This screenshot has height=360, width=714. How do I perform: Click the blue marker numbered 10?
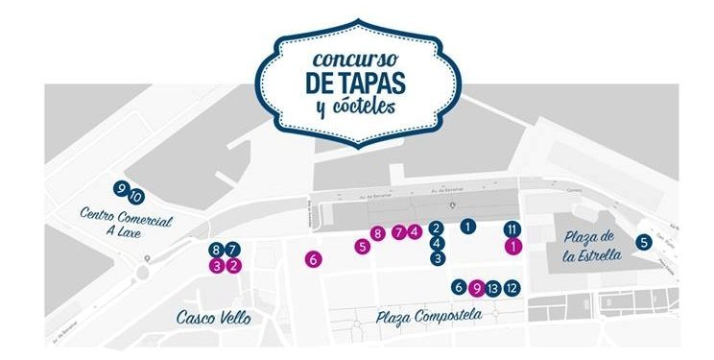tap(136, 197)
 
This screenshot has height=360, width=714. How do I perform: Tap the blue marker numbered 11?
tap(512, 228)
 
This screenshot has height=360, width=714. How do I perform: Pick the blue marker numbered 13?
tap(493, 287)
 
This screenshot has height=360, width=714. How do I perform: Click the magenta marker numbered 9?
tap(476, 287)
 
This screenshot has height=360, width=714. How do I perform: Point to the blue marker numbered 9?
tap(120, 188)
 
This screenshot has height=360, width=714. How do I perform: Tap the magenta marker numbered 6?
tap(312, 258)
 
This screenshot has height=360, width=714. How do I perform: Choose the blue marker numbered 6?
tap(459, 287)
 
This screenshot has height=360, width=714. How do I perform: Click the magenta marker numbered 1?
tap(512, 246)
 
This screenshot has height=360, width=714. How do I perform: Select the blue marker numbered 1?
tap(467, 227)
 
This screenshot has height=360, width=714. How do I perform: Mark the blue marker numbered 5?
tap(644, 243)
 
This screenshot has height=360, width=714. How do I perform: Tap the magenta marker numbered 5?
tap(362, 247)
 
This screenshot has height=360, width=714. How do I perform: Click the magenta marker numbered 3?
tap(217, 266)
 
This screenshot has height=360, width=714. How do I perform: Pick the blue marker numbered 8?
tap(217, 250)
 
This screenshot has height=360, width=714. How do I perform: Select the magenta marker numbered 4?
tap(415, 230)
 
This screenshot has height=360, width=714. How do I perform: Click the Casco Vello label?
tap(207, 317)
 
